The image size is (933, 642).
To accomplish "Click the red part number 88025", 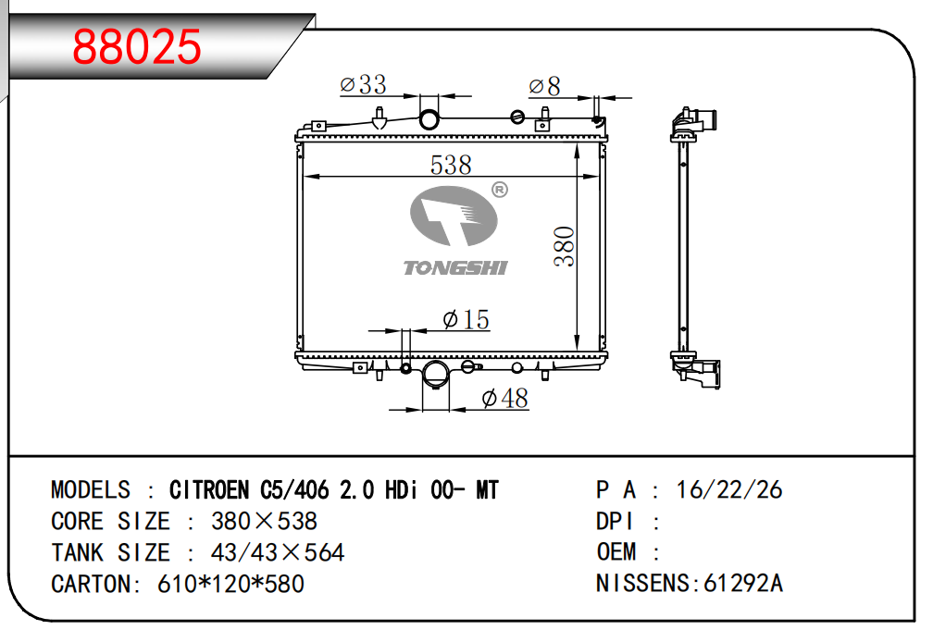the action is pos(137,46).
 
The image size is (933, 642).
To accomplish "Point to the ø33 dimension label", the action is pos(363,84).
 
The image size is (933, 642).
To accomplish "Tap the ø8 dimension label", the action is pos(544,86).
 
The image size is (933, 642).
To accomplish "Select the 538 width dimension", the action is pos(451,165).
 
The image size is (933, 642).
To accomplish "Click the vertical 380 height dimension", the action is pos(564,246).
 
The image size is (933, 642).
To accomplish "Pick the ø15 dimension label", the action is pos(466,319).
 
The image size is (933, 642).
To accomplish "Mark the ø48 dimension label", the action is pos(505,398).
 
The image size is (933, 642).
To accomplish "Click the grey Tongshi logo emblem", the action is pos(454,216).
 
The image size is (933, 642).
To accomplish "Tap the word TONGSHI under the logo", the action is pos(455,268).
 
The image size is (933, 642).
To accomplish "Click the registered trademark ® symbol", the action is pos(500,191).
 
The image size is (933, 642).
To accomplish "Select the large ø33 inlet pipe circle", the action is pos(429,119).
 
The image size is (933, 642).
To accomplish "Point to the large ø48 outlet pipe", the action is pos(436,375).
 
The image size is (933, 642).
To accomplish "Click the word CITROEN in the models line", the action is pos(209,489).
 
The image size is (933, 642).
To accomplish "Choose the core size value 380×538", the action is pos(264,522).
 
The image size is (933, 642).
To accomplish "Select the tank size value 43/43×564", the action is pos(278,553).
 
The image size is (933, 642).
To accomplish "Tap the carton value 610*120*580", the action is pos(230,585).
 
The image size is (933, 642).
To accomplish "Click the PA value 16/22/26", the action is pos(729,489).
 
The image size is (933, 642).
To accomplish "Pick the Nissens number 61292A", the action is pos(743,583).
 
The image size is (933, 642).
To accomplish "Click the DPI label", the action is pos(615,522).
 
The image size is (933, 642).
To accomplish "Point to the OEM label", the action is pos(616,551).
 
